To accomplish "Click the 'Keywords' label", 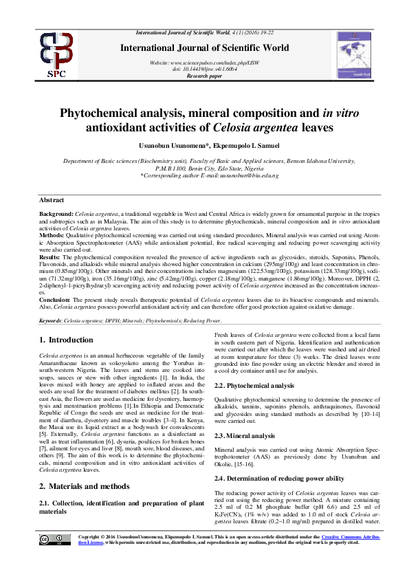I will [x=51, y=321].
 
